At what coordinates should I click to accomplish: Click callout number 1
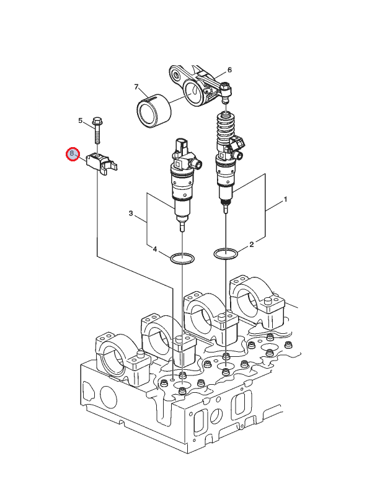[285, 200]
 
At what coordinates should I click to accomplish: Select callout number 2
[252, 245]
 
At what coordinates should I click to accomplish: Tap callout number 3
[131, 213]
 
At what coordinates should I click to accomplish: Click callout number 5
[80, 120]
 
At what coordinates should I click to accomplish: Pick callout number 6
[229, 70]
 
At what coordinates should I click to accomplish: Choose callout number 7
[136, 88]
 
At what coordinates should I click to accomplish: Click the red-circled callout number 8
[72, 153]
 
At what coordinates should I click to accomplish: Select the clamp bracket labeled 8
[102, 163]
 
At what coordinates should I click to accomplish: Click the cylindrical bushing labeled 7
[153, 110]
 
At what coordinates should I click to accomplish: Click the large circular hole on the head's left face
[107, 395]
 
